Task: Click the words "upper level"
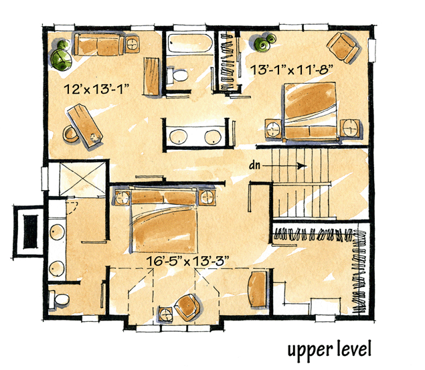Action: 329,350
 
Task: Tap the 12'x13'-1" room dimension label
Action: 96,89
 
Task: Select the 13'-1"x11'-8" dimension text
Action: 291,70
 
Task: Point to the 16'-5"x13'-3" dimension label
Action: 187,261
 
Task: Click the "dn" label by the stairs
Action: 254,165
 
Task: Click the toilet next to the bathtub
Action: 177,75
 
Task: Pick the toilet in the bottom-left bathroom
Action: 58,299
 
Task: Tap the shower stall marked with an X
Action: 82,179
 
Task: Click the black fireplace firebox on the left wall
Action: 30,232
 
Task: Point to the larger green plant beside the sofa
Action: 62,60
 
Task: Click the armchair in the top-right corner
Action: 344,48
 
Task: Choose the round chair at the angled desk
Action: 70,134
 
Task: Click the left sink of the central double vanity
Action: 178,136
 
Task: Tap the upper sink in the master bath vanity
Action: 57,232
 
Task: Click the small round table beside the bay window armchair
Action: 165,314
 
